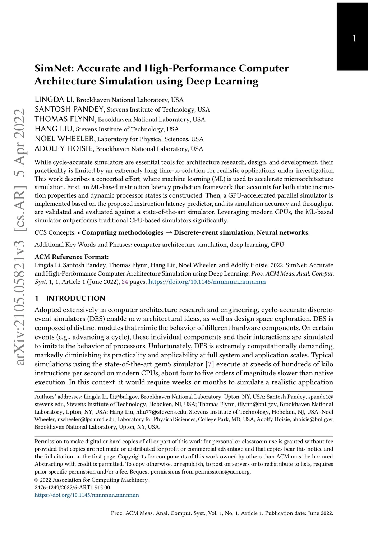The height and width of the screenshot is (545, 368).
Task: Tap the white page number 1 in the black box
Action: point(354,38)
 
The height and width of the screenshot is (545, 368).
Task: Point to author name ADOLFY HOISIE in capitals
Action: point(64,149)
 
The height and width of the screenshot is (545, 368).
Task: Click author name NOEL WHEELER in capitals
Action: point(65,139)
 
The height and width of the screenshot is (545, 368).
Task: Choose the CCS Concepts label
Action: point(55,233)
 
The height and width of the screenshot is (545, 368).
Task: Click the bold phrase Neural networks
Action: point(282,233)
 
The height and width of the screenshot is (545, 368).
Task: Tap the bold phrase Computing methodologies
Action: point(123,233)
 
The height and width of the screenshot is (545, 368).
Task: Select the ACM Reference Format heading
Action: point(72,257)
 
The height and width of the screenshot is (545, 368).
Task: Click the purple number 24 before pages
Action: point(125,282)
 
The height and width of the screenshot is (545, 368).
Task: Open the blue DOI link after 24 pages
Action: point(207,282)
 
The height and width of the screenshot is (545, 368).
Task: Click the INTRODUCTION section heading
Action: point(75,299)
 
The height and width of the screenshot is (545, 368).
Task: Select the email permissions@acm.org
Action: point(223,472)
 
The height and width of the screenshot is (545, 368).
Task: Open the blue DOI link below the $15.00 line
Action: point(87,495)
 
